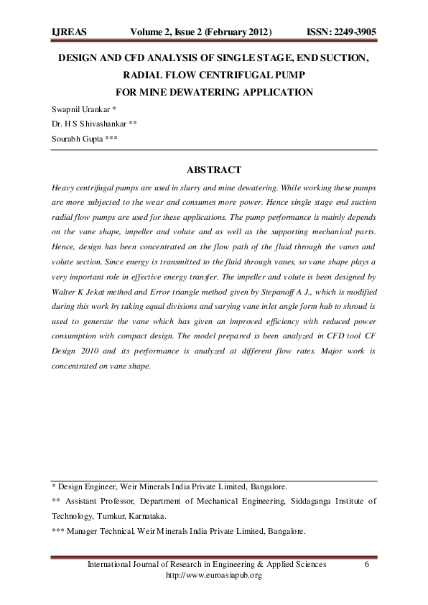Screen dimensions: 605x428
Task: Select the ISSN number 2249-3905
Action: point(353,33)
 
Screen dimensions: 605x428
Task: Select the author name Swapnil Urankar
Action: point(80,108)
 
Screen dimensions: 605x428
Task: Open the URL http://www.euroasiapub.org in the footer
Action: point(213,575)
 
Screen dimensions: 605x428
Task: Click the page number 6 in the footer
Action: point(367,565)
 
